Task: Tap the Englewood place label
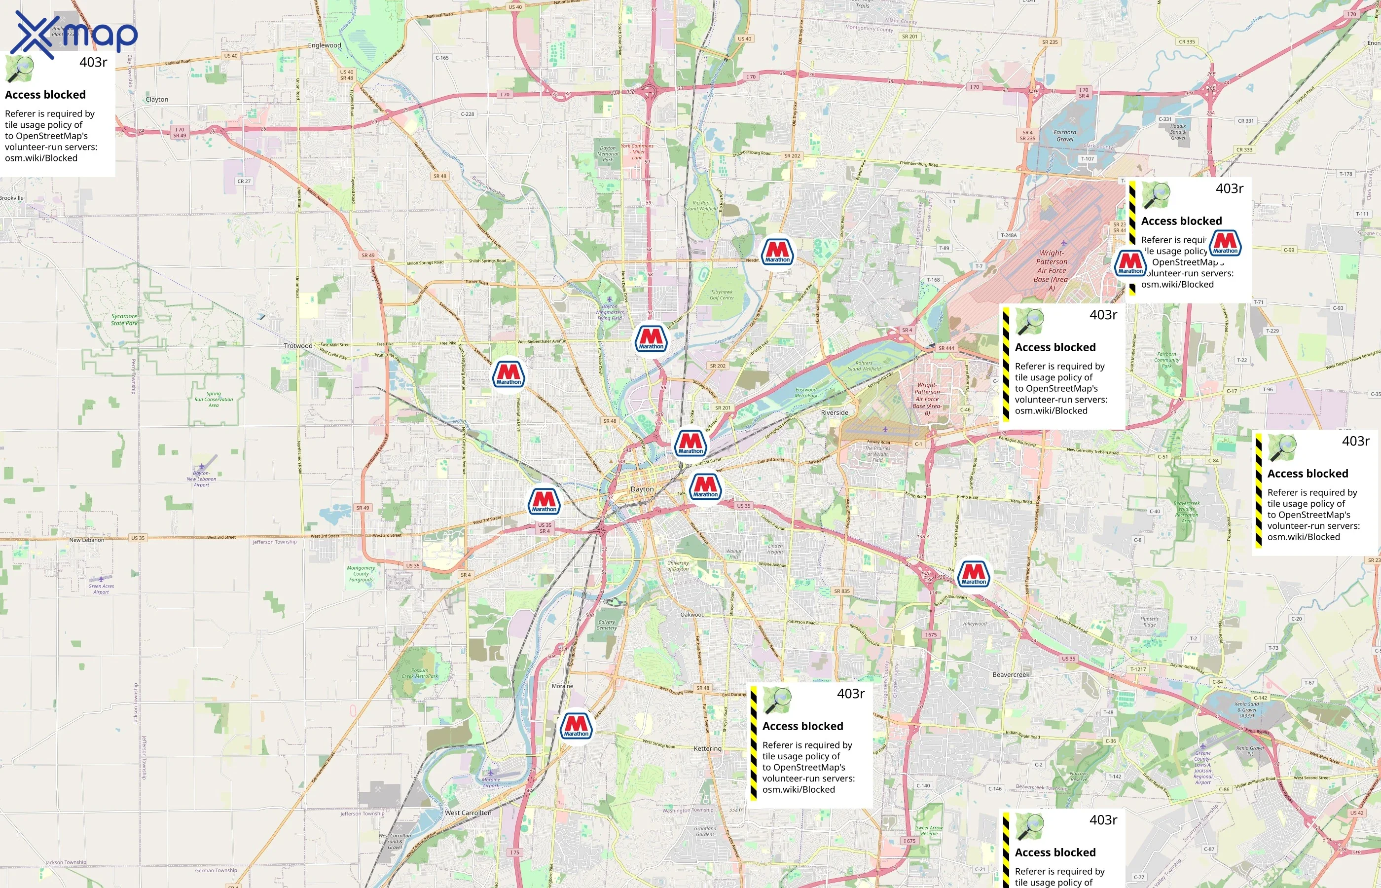point(325,45)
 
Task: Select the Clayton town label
point(157,99)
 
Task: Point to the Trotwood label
point(298,346)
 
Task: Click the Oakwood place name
point(692,615)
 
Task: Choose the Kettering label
point(707,748)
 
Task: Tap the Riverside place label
point(834,413)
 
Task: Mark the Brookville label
point(11,198)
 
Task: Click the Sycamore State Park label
point(124,320)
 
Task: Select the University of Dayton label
point(678,566)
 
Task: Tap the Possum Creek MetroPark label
point(420,673)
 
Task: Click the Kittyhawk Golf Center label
point(722,295)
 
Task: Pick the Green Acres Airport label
point(101,589)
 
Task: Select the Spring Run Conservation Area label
point(214,399)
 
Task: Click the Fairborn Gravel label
point(1064,136)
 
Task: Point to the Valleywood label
point(974,624)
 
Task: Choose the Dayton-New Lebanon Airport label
point(201,479)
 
